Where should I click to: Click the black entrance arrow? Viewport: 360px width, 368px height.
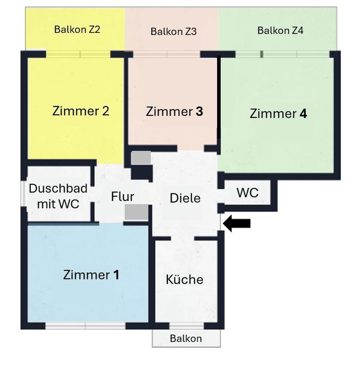(x=237, y=224)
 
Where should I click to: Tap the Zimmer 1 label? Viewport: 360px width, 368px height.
(x=91, y=275)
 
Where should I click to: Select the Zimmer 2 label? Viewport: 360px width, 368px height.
(x=81, y=111)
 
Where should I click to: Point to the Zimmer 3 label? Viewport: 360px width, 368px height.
(x=174, y=111)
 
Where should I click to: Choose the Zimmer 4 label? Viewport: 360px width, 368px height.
(x=278, y=113)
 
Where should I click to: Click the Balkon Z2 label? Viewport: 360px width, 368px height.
(x=77, y=29)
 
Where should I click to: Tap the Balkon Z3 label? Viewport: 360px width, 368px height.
(x=174, y=32)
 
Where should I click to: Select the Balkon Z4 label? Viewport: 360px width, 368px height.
(x=280, y=31)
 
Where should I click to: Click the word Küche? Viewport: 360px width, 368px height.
(x=184, y=279)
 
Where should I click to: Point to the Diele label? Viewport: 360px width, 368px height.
(x=185, y=198)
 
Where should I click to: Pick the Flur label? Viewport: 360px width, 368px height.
(x=123, y=197)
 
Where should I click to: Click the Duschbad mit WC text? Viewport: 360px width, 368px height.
(x=58, y=196)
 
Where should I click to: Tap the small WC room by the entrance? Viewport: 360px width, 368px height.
(x=248, y=193)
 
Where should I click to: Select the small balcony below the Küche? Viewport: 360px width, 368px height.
(x=186, y=338)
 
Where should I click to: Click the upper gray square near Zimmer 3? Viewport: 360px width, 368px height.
(x=141, y=158)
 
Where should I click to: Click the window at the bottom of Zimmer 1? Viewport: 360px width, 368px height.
(x=85, y=326)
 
